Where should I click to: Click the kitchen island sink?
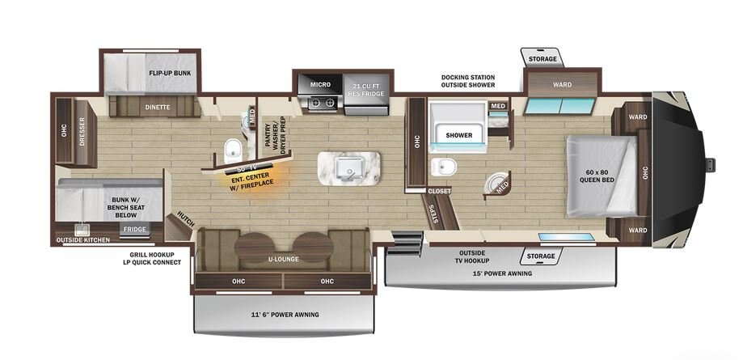pos(348,167)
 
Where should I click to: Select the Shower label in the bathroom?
pos(458,135)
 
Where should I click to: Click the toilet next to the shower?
pos(444,167)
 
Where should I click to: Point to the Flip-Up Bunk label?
pos(170,74)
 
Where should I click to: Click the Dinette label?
pos(158,108)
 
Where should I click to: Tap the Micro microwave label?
pos(320,84)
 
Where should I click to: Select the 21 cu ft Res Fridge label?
pos(366,88)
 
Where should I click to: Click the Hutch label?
pos(185,218)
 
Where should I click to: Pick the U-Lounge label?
pos(282,260)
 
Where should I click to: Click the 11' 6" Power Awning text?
pos(285,315)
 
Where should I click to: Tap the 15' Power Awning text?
pos(501,273)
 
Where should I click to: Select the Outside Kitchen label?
pos(83,240)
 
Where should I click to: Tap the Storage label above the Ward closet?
pos(542,59)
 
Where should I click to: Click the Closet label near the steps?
pos(439,191)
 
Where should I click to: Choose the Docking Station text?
pos(467,78)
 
